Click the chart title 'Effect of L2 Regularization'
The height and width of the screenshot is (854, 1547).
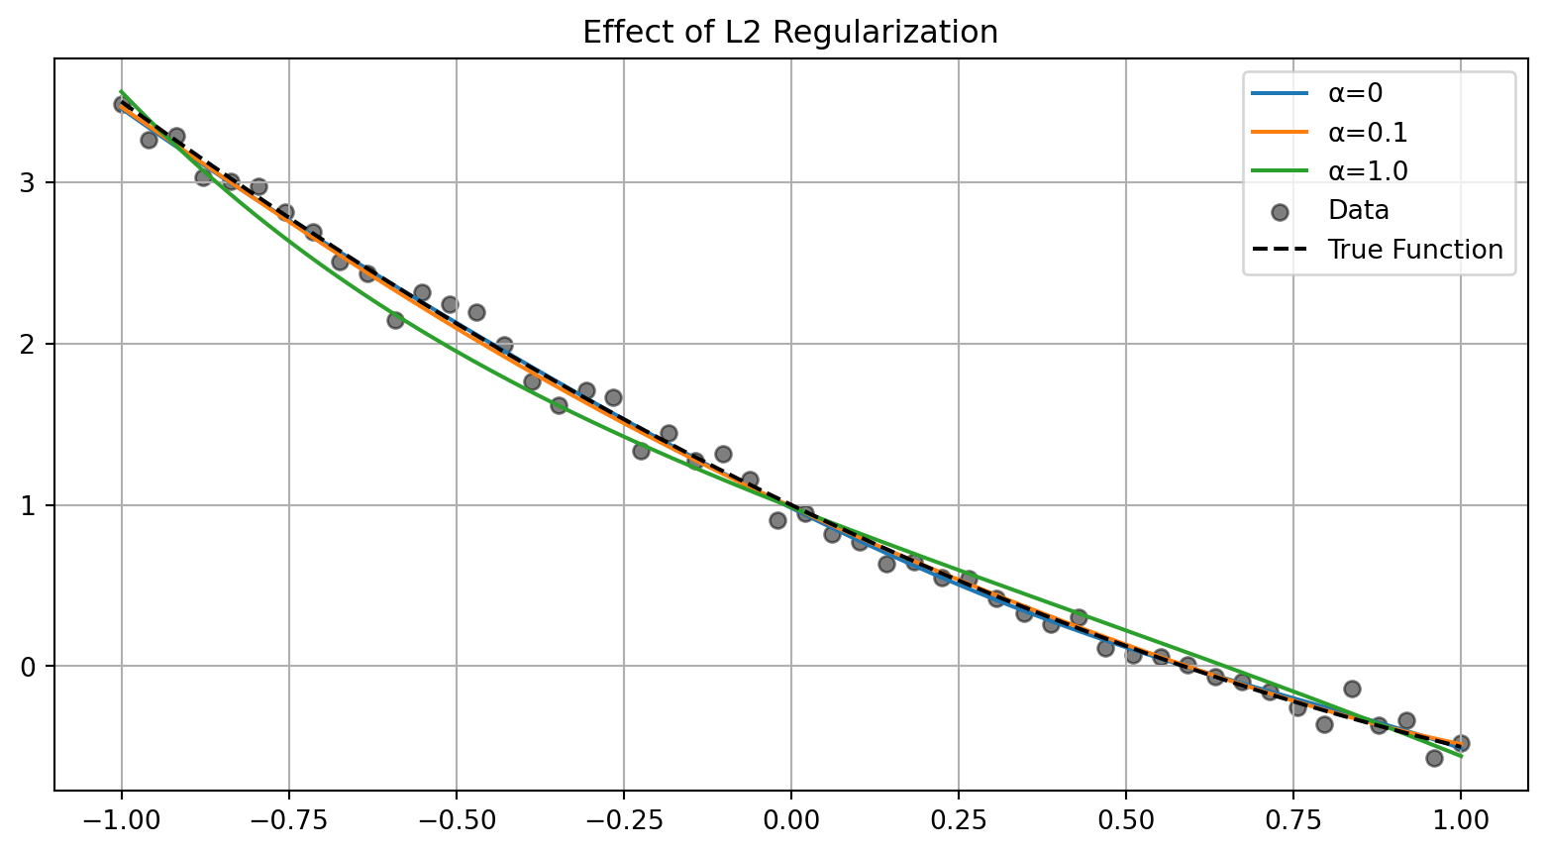click(789, 33)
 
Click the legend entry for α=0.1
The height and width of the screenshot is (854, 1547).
click(1368, 132)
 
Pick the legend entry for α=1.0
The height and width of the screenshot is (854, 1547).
click(1368, 170)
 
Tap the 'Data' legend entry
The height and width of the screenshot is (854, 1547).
click(1358, 210)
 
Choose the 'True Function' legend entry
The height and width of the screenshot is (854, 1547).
click(1414, 250)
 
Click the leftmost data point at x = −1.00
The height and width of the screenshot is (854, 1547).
click(122, 104)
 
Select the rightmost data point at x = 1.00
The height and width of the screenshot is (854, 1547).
click(1461, 743)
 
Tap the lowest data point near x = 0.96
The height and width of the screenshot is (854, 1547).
click(1434, 758)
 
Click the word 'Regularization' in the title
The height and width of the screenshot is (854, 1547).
click(885, 33)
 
